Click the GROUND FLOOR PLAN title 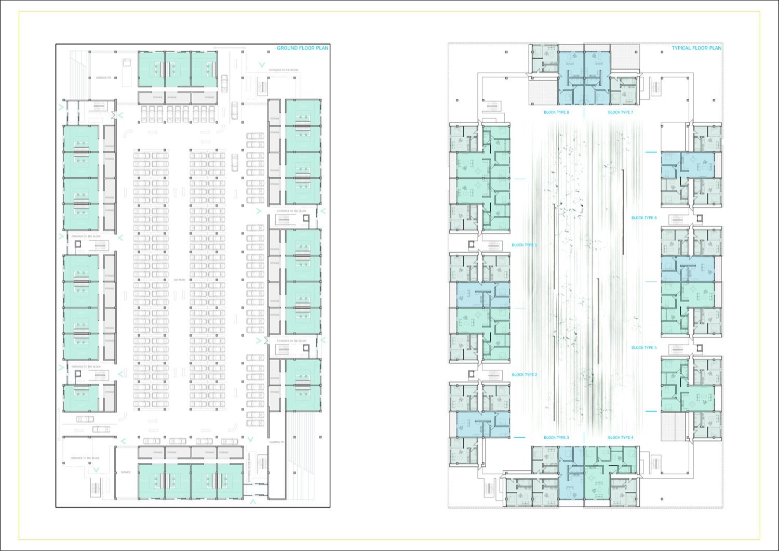(x=302, y=48)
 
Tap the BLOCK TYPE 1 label (x=525, y=245)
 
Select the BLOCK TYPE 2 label (x=525, y=375)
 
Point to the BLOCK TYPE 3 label (x=556, y=438)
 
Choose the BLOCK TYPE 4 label (x=621, y=438)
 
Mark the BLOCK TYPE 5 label (x=644, y=348)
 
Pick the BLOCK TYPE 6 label (x=644, y=218)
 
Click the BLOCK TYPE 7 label (x=621, y=112)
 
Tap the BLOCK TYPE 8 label (x=556, y=112)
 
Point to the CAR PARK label (x=179, y=280)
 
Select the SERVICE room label (x=126, y=472)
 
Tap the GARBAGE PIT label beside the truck (x=104, y=78)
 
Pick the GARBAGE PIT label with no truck (x=276, y=442)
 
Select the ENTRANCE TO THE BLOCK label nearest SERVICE (x=85, y=458)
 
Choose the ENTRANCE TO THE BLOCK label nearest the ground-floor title (x=284, y=70)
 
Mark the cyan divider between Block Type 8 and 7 (x=583, y=112)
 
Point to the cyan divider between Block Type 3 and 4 (x=583, y=438)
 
